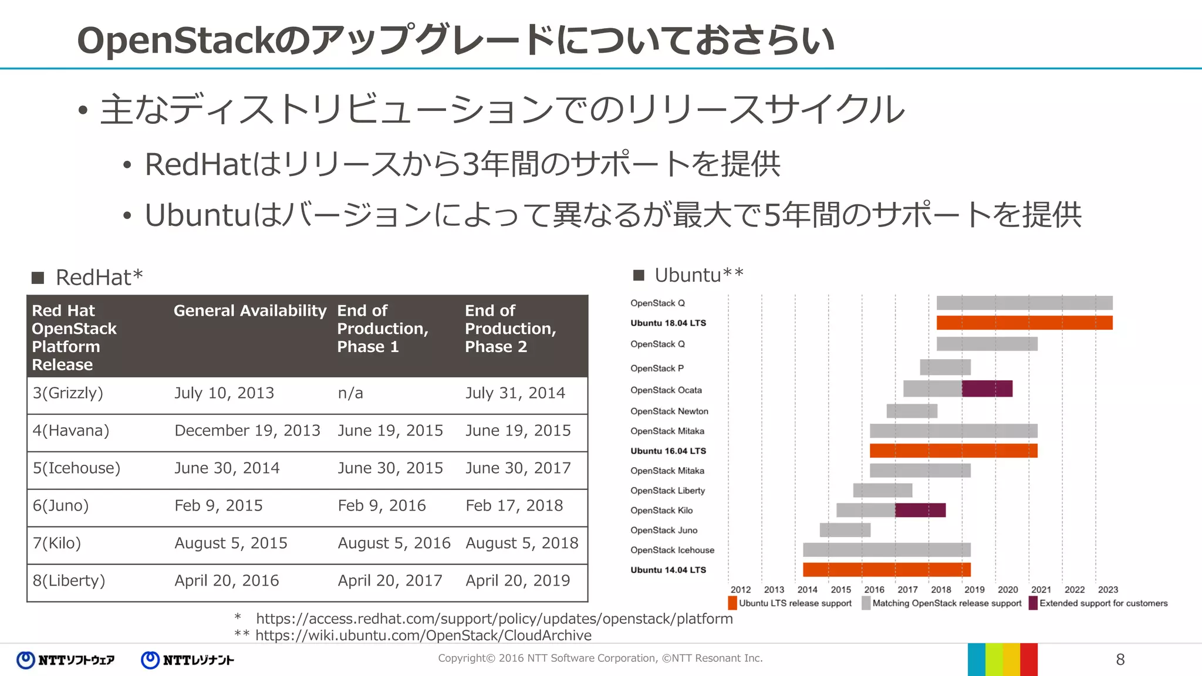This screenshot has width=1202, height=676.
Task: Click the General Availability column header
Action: (249, 310)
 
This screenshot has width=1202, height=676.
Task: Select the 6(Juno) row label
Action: (61, 506)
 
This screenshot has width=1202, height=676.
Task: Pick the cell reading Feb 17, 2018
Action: (514, 506)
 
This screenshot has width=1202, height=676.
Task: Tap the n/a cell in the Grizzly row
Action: (350, 393)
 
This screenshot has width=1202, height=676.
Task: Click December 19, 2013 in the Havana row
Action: (247, 431)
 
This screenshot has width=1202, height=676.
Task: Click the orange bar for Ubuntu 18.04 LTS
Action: (1024, 323)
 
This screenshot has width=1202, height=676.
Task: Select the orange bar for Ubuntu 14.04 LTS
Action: (886, 570)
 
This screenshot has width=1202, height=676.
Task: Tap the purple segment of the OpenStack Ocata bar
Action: (987, 389)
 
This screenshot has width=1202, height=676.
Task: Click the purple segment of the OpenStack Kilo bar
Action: (920, 511)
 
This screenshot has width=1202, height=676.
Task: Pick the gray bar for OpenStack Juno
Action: (845, 530)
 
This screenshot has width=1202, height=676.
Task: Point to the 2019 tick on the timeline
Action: (974, 590)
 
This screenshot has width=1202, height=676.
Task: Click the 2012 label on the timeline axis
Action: (741, 590)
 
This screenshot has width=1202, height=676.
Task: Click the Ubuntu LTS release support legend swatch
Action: (732, 603)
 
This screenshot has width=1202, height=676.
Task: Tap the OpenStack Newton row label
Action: (669, 411)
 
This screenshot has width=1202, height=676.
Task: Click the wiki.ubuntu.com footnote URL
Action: (423, 636)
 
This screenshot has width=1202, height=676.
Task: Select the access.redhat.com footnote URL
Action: (494, 619)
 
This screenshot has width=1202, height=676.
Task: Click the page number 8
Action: (1120, 660)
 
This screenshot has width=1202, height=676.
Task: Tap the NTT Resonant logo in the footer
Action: (188, 660)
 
